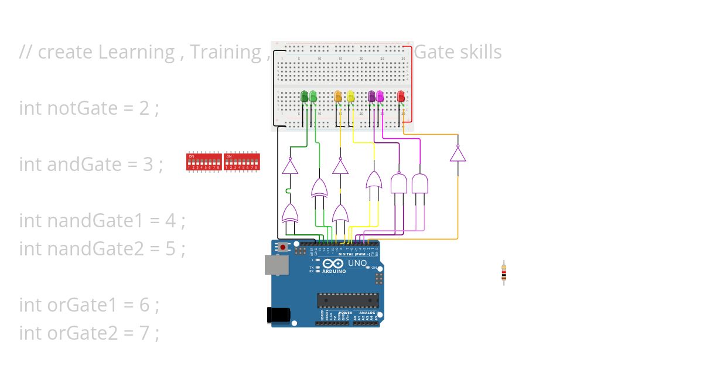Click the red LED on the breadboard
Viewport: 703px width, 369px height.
coord(401,96)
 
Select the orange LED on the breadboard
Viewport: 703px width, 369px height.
coord(337,96)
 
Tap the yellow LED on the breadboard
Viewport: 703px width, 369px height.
coord(351,96)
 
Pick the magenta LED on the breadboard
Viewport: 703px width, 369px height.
coord(380,96)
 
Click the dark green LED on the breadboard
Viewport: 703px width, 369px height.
coord(304,96)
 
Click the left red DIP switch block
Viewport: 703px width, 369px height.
coord(204,161)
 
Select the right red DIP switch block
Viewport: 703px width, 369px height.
coord(242,161)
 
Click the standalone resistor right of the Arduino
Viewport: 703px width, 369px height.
coord(503,273)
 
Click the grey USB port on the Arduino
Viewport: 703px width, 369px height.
coord(276,265)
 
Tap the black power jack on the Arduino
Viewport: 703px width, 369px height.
coord(277,315)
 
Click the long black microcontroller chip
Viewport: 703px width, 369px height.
coord(348,300)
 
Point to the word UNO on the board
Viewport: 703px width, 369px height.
coord(357,263)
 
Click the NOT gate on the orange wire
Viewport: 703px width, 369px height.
coord(458,154)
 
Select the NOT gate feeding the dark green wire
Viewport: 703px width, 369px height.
coord(290,166)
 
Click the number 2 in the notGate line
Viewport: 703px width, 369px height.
coord(145,108)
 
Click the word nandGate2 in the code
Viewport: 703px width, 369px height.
coord(95,248)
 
